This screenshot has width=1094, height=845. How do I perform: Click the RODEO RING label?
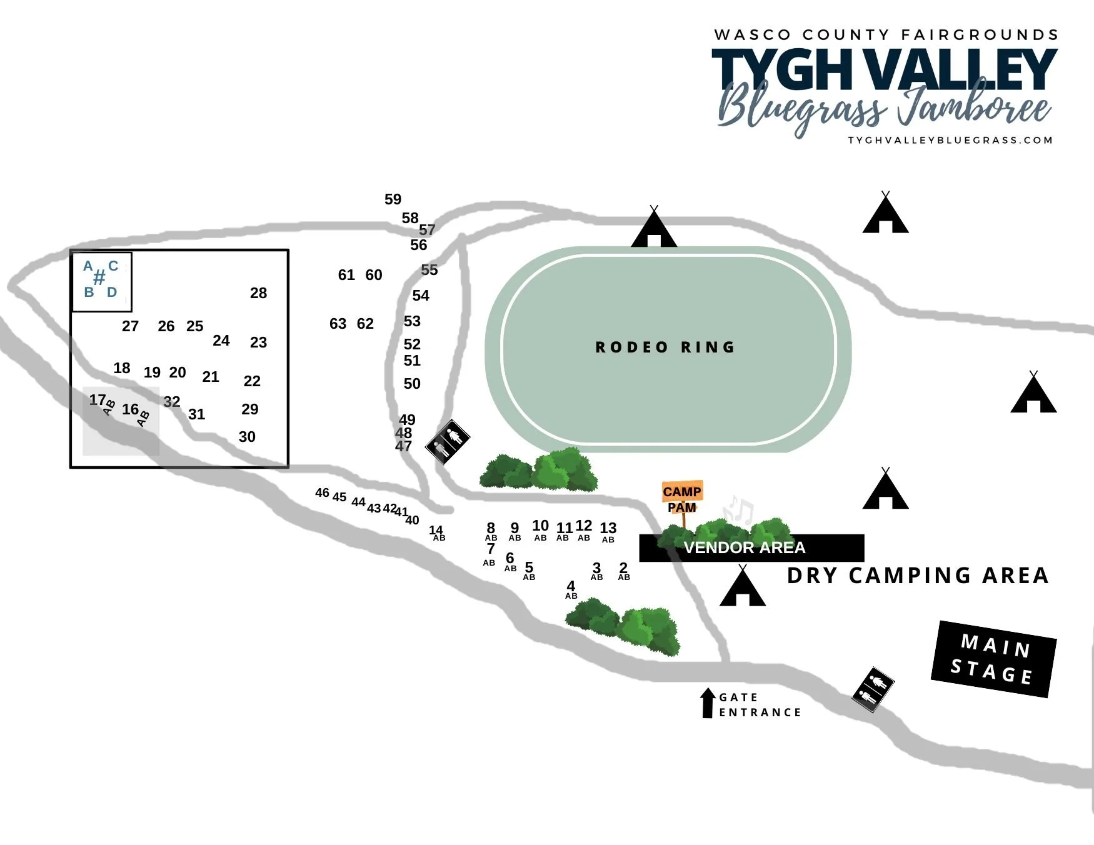[665, 347]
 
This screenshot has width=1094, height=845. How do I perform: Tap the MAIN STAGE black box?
[993, 659]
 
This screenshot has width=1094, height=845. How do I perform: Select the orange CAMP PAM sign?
[682, 498]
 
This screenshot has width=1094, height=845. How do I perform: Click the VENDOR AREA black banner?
[750, 548]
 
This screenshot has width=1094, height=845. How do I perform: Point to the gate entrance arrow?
[708, 702]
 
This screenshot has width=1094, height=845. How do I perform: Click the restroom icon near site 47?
[448, 441]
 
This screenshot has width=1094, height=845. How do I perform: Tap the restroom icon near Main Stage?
[873, 689]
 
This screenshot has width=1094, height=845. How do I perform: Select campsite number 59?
[393, 199]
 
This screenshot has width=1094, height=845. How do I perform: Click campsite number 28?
[258, 293]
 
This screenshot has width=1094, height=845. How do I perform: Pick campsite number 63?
[338, 324]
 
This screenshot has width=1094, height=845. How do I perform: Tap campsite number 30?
[247, 437]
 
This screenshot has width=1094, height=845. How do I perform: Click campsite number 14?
[436, 531]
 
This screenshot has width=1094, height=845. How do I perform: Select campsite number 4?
[571, 586]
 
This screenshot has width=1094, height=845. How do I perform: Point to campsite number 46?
[322, 493]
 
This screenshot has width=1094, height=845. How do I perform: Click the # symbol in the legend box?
[99, 278]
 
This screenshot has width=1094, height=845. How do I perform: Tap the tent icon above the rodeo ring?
[654, 229]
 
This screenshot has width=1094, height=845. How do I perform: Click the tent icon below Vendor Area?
[743, 587]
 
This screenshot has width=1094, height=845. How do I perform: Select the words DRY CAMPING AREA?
[917, 576]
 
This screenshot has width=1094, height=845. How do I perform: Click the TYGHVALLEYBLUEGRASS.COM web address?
[950, 140]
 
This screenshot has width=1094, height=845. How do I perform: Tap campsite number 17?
[98, 400]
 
